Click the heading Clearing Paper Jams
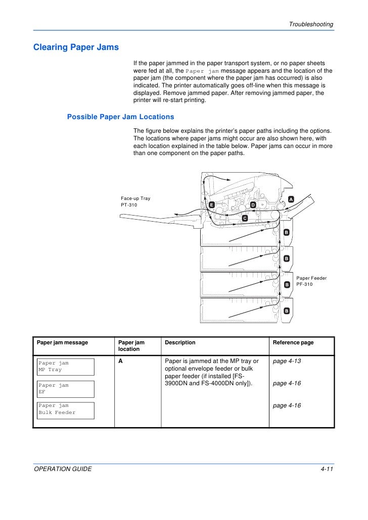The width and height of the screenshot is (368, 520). [x=76, y=47]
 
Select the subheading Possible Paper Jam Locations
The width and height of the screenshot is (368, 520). [x=120, y=117]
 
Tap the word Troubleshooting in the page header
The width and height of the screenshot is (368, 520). [x=311, y=25]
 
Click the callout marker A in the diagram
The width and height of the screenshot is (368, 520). [x=291, y=199]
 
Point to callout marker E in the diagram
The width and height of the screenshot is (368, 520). [x=212, y=205]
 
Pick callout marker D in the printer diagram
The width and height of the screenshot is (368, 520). [x=253, y=205]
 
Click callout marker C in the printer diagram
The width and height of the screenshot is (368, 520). [x=244, y=218]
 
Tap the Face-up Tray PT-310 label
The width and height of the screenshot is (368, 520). [x=135, y=202]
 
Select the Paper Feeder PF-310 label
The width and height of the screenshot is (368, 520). [x=311, y=281]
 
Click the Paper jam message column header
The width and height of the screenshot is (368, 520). [x=62, y=342]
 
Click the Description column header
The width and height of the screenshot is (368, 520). [x=180, y=342]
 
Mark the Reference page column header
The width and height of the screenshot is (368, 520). [x=293, y=342]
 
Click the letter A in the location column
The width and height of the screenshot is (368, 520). [x=120, y=361]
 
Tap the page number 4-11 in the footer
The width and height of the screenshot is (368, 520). [x=327, y=469]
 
